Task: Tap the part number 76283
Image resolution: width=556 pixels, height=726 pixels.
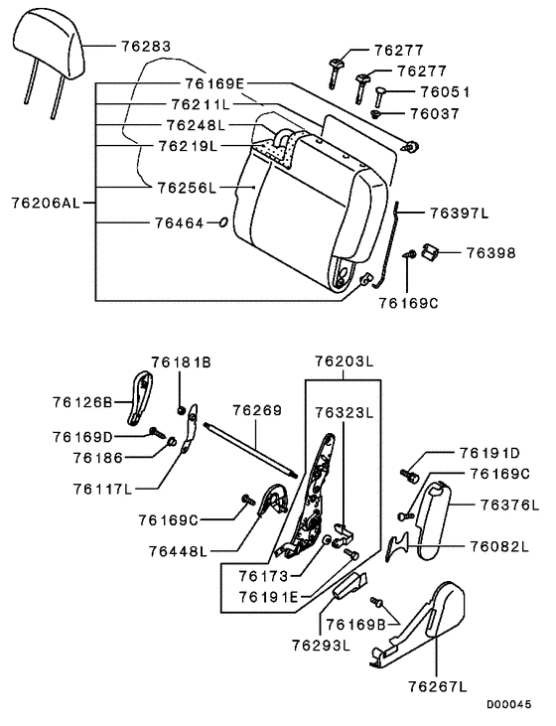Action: pyautogui.click(x=145, y=46)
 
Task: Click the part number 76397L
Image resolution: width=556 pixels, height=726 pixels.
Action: pyautogui.click(x=460, y=213)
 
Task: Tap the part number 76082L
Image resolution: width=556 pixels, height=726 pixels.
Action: pyautogui.click(x=498, y=546)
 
